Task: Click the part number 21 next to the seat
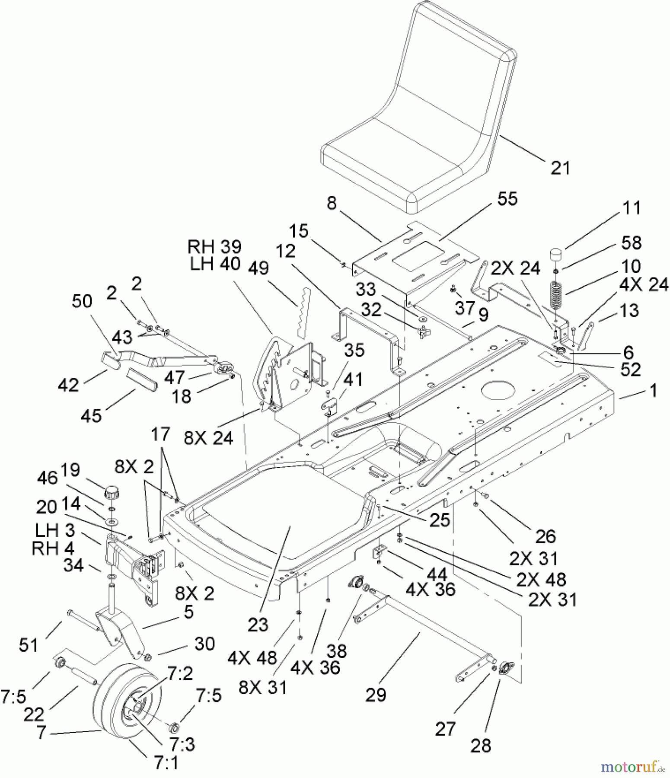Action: point(560,168)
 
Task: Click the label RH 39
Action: point(214,247)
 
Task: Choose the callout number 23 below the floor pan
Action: point(258,625)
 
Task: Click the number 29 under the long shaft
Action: point(375,695)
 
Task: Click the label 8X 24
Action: point(209,439)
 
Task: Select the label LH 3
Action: point(55,530)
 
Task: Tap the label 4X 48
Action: point(252,658)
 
